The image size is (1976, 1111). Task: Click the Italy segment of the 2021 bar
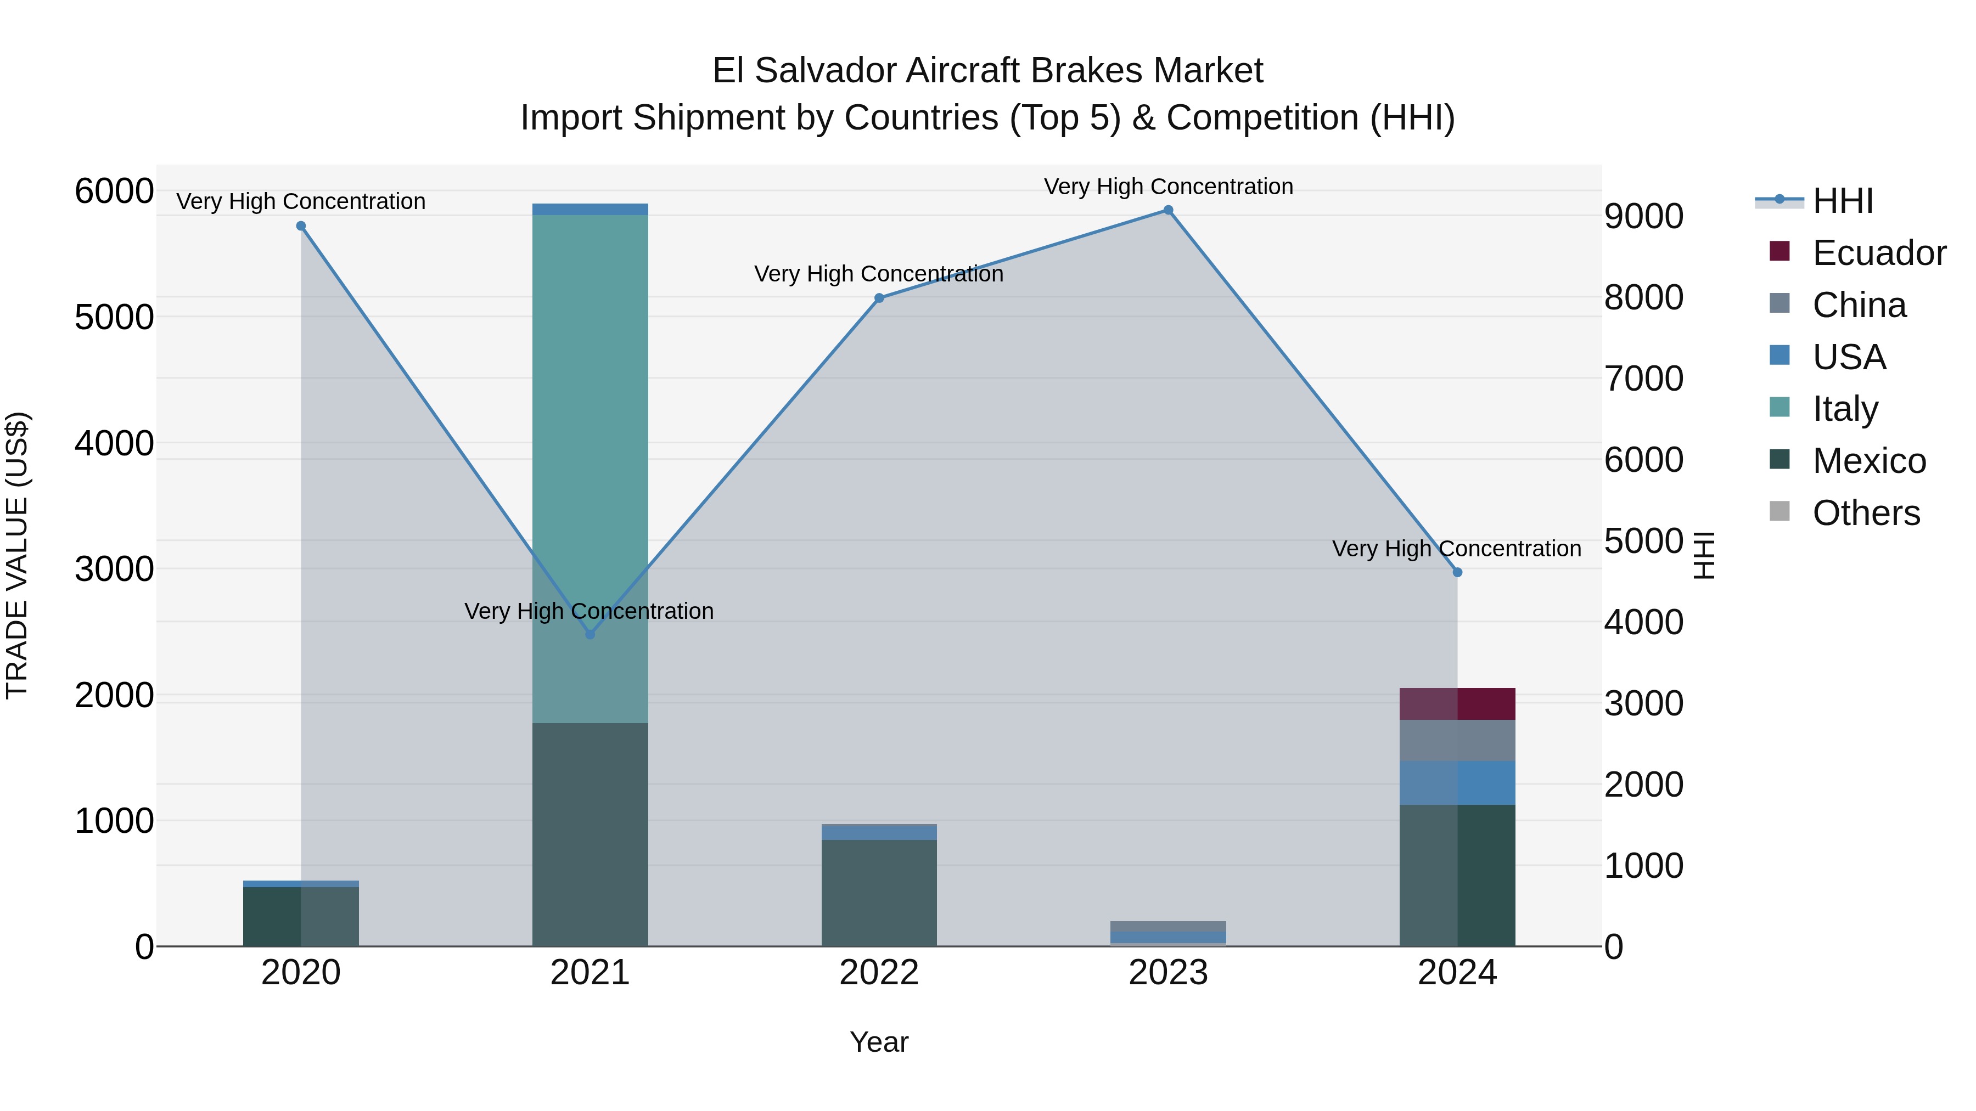(x=590, y=467)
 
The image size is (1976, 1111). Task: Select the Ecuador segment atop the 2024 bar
(x=1457, y=704)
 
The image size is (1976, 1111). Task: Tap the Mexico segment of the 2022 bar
(x=879, y=893)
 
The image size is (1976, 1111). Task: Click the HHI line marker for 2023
(x=1168, y=210)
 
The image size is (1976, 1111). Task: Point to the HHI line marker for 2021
(x=590, y=634)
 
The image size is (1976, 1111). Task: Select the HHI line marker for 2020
(x=301, y=226)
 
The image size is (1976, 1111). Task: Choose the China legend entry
(x=1859, y=305)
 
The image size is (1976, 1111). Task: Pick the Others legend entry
(x=1866, y=513)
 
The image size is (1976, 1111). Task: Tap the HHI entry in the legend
(x=1843, y=201)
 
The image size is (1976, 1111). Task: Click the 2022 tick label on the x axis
(x=879, y=973)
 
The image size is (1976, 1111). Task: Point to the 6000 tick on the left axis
(x=114, y=191)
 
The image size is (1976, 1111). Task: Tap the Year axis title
(x=879, y=1042)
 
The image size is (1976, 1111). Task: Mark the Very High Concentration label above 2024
(x=1457, y=549)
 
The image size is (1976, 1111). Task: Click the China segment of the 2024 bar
(x=1457, y=741)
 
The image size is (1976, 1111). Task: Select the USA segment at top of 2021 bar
(x=590, y=210)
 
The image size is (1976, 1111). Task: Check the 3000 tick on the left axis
(x=114, y=569)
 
